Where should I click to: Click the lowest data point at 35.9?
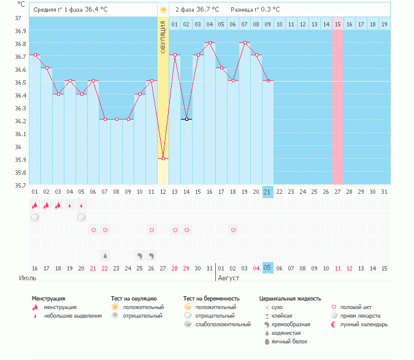[163, 158]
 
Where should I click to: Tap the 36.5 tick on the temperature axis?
[20, 82]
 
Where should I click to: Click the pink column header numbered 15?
[337, 24]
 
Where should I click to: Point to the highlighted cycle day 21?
[267, 192]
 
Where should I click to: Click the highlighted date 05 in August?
[267, 268]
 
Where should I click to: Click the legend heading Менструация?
[48, 299]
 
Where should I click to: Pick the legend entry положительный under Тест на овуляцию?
[143, 307]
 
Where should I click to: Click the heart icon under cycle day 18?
[233, 230]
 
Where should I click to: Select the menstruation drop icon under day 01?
[35, 205]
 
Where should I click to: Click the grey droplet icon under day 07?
[105, 255]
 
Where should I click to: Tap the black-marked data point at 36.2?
[186, 119]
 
